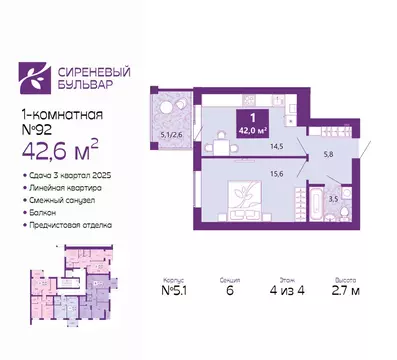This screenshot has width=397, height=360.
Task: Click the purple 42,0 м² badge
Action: click(245, 125)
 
